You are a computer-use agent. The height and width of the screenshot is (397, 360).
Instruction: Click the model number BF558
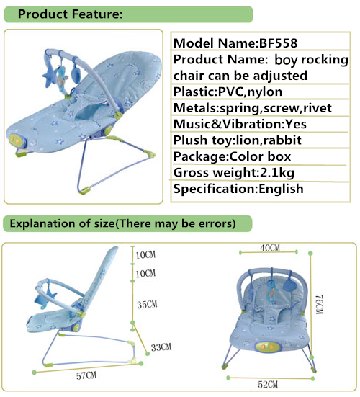pos(278,43)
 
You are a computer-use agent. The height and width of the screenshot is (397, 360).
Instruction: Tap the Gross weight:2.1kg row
pos(234,173)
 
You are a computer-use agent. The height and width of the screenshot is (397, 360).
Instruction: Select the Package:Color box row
pos(232,156)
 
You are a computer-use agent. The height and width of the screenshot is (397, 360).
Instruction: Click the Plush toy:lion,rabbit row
pos(238,140)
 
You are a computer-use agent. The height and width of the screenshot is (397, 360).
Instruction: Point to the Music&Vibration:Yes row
pos(240,124)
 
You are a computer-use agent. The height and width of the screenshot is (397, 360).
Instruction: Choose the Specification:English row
pos(238,189)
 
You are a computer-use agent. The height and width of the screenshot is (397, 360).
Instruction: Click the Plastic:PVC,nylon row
pos(228,92)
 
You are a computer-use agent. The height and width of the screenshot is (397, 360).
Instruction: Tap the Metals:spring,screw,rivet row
pos(252,108)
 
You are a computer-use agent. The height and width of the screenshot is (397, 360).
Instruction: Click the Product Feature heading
pos(70,14)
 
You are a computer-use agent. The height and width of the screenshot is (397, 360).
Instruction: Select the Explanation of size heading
pos(122,223)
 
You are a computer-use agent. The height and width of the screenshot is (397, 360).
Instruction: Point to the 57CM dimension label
pos(86,375)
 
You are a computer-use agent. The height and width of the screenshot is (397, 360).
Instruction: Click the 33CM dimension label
pos(161,347)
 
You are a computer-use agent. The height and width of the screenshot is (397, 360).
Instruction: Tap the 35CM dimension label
pos(147,304)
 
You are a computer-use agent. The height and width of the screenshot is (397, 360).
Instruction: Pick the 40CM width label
pos(270,248)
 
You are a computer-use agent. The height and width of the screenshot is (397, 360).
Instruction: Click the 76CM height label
pos(320,304)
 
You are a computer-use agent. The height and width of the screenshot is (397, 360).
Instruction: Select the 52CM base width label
pos(268,385)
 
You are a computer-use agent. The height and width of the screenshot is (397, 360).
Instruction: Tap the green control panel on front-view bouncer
pos(269,347)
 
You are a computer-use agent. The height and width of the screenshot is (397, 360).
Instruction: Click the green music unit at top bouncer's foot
pos(15,140)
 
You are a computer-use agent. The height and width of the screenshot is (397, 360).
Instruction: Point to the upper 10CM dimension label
pos(145,255)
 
